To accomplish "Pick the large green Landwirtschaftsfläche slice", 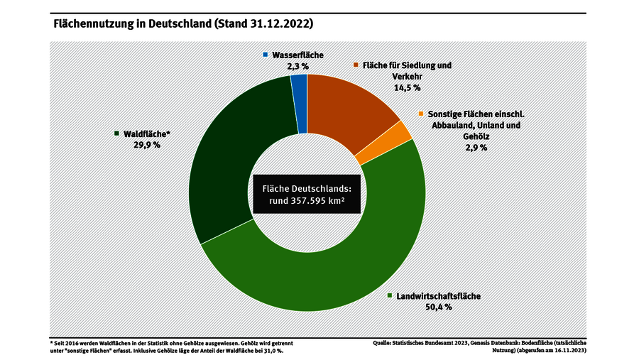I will (312, 280).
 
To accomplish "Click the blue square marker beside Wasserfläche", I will (266, 55).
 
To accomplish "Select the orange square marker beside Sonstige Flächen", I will (421, 114).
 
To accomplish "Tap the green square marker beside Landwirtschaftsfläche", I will (389, 295).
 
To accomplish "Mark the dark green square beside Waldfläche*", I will (116, 133).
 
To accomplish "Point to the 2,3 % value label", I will (297, 66).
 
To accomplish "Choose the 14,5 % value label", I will (407, 87).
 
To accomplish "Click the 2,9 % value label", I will (476, 147).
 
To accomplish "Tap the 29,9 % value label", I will (146, 144).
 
